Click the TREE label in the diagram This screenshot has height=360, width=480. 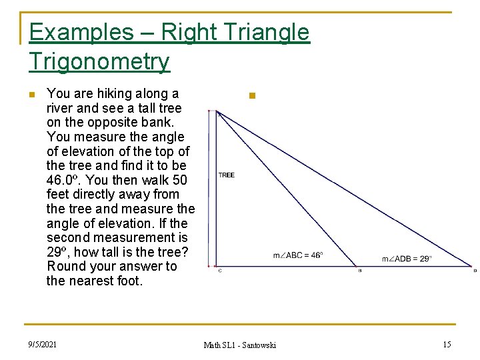click(x=227, y=175)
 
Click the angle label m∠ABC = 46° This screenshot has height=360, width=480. click(x=298, y=255)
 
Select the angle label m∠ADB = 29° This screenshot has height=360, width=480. click(x=407, y=259)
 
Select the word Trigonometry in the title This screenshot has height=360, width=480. click(x=99, y=61)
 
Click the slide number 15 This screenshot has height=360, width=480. click(x=447, y=344)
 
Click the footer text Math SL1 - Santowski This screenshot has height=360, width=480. click(x=239, y=345)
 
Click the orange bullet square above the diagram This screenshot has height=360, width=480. click(x=251, y=96)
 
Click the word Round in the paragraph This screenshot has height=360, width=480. click(x=67, y=266)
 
